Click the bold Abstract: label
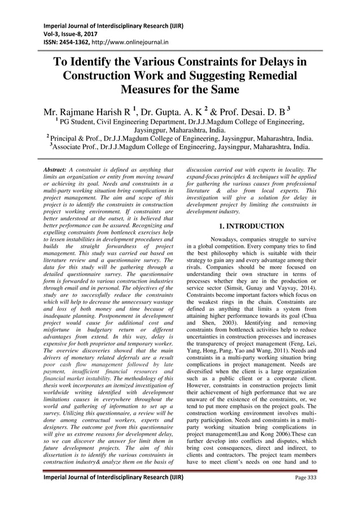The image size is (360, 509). (58, 169)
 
